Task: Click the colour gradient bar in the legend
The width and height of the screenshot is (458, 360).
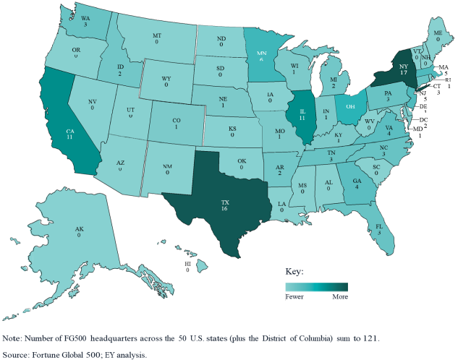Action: [x=317, y=286]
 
